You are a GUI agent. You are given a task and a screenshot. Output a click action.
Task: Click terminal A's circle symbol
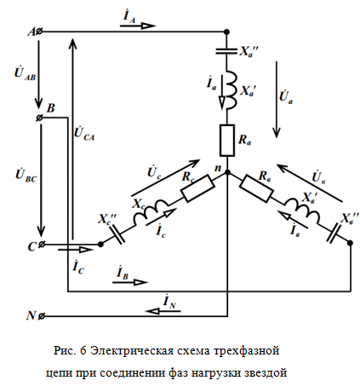point(39,32)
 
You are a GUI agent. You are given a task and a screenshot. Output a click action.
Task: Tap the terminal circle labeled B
point(40,118)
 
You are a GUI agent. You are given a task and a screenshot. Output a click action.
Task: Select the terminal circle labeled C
point(42,244)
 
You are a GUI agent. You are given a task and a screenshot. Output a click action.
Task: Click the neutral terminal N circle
point(41,316)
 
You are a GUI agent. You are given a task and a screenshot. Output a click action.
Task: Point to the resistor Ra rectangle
point(227,141)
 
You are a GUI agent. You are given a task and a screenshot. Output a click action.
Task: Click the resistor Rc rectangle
point(197,188)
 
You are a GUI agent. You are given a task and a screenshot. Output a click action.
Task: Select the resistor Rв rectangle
point(256,189)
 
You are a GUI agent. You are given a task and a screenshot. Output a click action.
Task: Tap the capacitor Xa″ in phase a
point(226,51)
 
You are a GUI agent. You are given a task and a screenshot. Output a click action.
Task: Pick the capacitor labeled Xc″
point(117,235)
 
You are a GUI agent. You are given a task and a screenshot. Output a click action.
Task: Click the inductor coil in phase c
point(151,212)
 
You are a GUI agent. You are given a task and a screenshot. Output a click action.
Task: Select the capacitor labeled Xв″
point(334,233)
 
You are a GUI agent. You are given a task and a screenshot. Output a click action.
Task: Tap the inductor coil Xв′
point(302,211)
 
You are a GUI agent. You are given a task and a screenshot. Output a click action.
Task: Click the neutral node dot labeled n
point(227,172)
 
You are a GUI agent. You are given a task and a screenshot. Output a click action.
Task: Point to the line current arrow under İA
point(138,26)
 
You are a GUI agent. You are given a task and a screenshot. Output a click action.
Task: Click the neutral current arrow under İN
point(163,311)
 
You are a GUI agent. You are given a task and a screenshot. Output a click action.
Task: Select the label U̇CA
point(84,132)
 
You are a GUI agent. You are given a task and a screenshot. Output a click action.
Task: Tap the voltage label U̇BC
point(26,175)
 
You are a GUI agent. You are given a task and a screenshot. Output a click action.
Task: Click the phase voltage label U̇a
point(286,96)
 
